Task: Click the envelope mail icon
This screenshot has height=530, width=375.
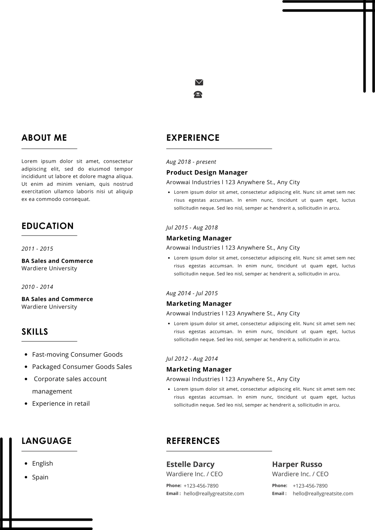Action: (199, 82)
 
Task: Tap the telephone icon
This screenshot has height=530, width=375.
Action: (198, 95)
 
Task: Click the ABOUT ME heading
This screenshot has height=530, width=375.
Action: (44, 138)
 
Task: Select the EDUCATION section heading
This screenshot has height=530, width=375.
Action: (48, 226)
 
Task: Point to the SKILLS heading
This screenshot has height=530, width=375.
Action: (35, 332)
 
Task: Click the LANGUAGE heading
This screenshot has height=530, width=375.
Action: (46, 441)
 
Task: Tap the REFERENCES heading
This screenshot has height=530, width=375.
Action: (193, 441)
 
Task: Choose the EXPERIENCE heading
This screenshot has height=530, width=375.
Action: (193, 138)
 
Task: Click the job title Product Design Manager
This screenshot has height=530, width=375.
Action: (207, 173)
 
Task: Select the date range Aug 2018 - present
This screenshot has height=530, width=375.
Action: (191, 162)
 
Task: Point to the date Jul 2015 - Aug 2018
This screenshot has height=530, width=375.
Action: (192, 227)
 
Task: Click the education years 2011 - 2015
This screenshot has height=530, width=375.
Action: (37, 249)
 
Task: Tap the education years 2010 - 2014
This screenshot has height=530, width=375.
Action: (37, 287)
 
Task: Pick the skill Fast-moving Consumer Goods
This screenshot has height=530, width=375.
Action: (77, 354)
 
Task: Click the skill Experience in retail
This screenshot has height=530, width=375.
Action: (61, 404)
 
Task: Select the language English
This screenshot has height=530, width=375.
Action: (42, 463)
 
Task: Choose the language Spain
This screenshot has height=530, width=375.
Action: (40, 477)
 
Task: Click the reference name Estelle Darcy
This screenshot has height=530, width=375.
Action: (190, 464)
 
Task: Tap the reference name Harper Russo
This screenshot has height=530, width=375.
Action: (297, 464)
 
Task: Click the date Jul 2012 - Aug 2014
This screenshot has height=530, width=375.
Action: (192, 359)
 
